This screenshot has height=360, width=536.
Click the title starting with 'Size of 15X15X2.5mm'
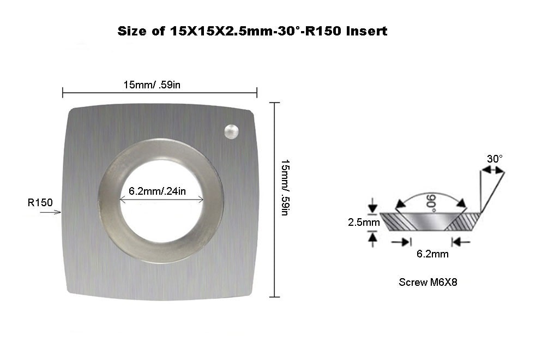pyautogui.click(x=252, y=31)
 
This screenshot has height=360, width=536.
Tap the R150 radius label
pyautogui.click(x=40, y=203)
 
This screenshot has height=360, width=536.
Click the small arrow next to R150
pyautogui.click(x=54, y=212)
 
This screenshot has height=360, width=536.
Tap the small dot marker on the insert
pyautogui.click(x=232, y=130)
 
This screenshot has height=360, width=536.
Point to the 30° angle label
pyautogui.click(x=495, y=159)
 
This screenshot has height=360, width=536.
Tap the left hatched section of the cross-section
pyautogui.click(x=394, y=221)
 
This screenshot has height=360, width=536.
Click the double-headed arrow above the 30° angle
pyautogui.click(x=492, y=171)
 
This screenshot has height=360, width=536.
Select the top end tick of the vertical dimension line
pyautogui.click(x=275, y=103)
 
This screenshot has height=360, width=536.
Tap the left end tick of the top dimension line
pyautogui.click(x=63, y=93)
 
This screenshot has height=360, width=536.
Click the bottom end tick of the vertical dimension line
pyautogui.click(x=275, y=297)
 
